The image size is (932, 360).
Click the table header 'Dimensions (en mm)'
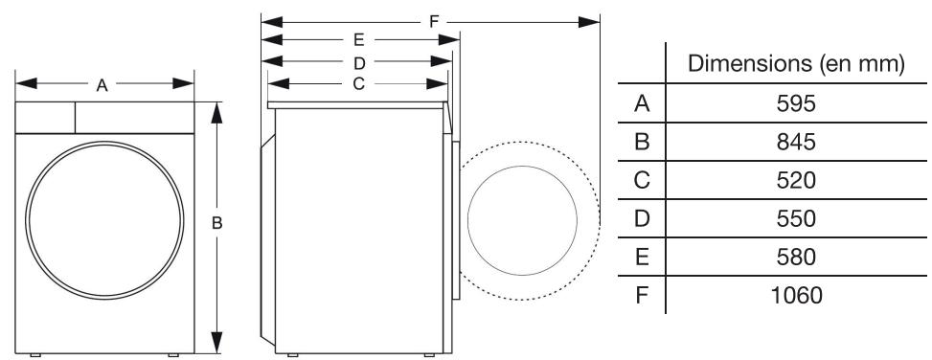(x=797, y=65)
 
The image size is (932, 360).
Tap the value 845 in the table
(x=796, y=143)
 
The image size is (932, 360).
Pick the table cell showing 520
(x=796, y=180)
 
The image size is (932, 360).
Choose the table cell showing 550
(x=796, y=218)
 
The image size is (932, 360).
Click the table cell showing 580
(x=796, y=257)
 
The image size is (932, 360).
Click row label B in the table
(x=644, y=143)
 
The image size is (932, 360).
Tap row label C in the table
(x=644, y=180)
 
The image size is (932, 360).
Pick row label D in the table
(x=644, y=218)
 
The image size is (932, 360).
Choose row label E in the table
(x=644, y=257)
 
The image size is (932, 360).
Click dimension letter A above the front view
(x=102, y=84)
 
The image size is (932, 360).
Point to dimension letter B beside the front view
(x=217, y=223)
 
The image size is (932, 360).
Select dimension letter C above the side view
(x=358, y=83)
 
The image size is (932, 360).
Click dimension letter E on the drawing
(x=358, y=40)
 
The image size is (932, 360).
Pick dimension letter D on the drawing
(x=358, y=62)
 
